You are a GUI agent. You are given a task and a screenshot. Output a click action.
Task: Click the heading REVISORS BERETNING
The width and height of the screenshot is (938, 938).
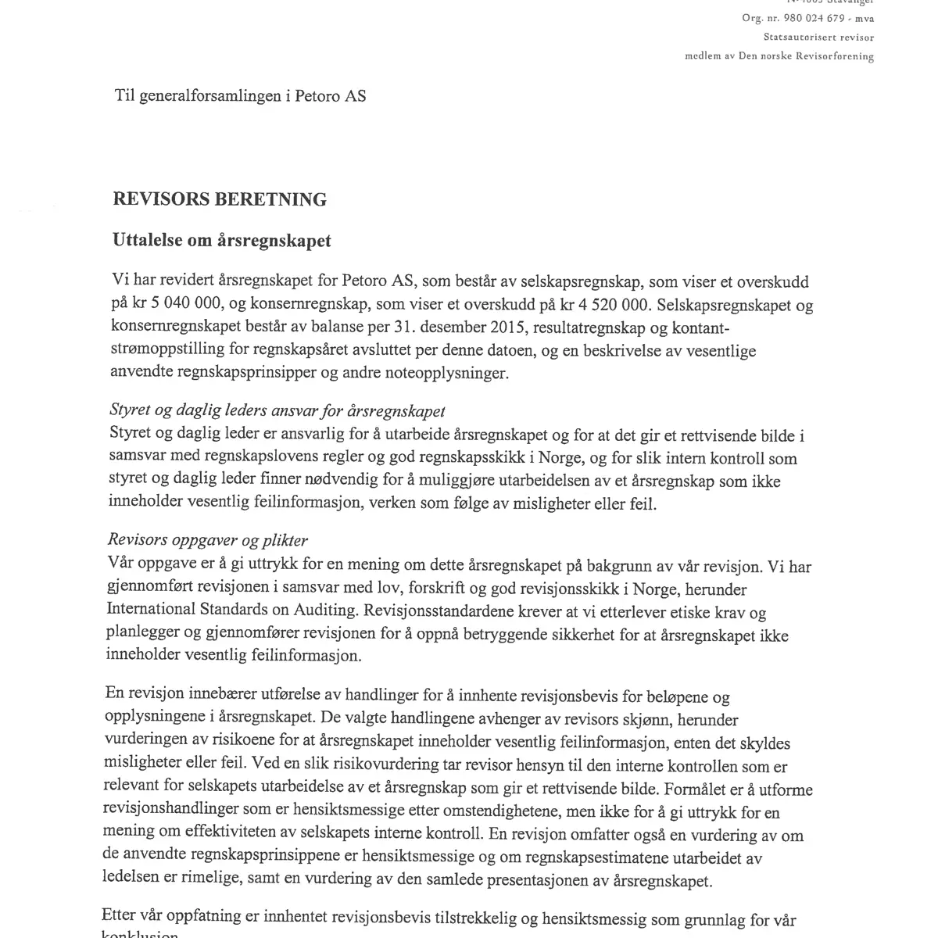(220, 200)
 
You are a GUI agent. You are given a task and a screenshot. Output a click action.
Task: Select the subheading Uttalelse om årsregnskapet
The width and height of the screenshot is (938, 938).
(222, 241)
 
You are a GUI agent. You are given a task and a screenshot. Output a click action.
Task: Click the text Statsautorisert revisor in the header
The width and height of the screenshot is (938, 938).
(818, 37)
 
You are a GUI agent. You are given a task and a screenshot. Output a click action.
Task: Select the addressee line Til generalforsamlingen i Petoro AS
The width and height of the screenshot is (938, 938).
(240, 96)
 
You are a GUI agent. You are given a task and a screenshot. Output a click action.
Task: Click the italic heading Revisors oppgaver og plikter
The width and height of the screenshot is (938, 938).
(208, 541)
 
